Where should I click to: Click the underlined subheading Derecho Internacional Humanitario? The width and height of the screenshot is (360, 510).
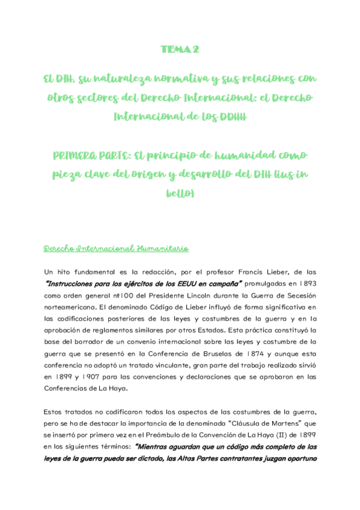click(117, 248)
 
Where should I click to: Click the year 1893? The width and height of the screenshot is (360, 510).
click(304, 284)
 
